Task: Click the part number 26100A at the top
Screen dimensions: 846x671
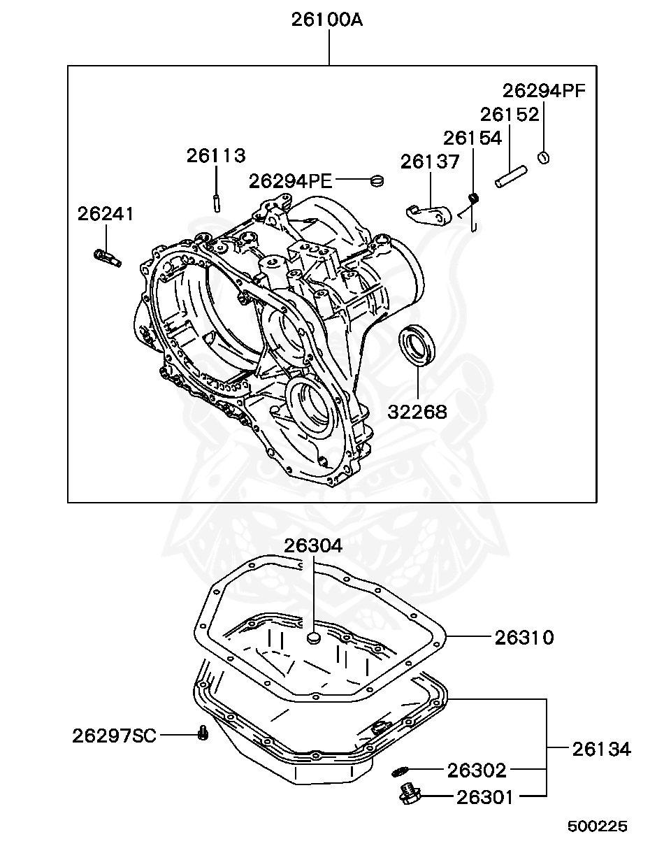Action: (327, 20)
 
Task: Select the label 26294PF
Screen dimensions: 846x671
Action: (544, 90)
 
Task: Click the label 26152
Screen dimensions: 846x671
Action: (509, 114)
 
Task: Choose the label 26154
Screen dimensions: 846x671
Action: (472, 138)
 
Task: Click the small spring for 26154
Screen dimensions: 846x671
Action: (473, 200)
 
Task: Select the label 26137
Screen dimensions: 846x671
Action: (430, 162)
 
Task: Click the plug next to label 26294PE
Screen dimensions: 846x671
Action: (377, 181)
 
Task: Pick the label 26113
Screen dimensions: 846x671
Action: (215, 155)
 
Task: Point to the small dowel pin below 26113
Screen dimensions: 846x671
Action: (217, 202)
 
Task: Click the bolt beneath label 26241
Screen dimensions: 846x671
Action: (107, 257)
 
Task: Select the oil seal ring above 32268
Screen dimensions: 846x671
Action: (418, 345)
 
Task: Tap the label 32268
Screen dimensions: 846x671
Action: (417, 412)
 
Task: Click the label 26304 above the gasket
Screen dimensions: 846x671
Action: (312, 545)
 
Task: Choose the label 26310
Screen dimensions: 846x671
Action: (524, 637)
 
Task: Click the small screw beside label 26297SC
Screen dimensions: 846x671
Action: (203, 733)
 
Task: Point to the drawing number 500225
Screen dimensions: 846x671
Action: (597, 826)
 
